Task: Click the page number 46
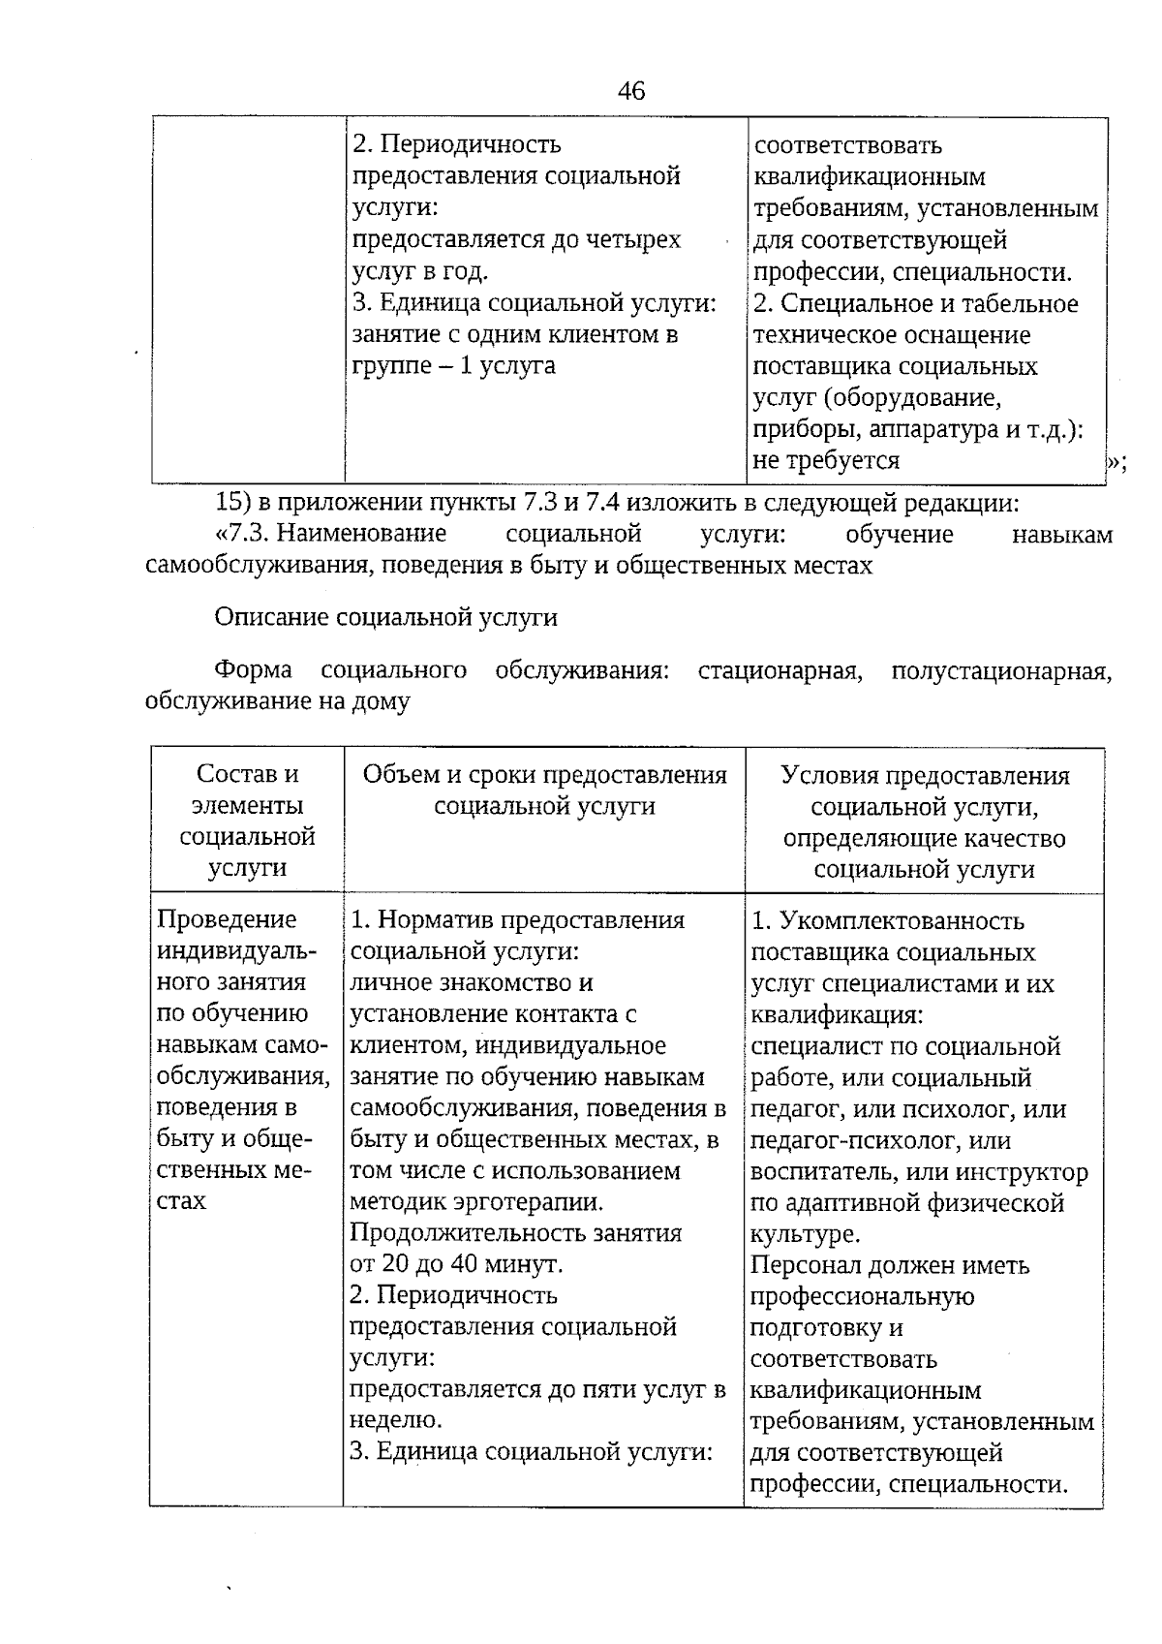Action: (x=630, y=91)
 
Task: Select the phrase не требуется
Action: (x=826, y=460)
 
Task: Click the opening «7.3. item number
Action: (x=246, y=535)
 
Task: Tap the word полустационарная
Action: (x=1000, y=670)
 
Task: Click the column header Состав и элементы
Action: (x=247, y=790)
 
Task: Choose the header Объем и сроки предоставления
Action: (x=544, y=775)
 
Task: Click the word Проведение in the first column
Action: (x=227, y=919)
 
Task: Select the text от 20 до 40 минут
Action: (x=455, y=1264)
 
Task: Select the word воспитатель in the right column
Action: (x=823, y=1172)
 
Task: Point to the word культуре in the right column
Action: (x=803, y=1234)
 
